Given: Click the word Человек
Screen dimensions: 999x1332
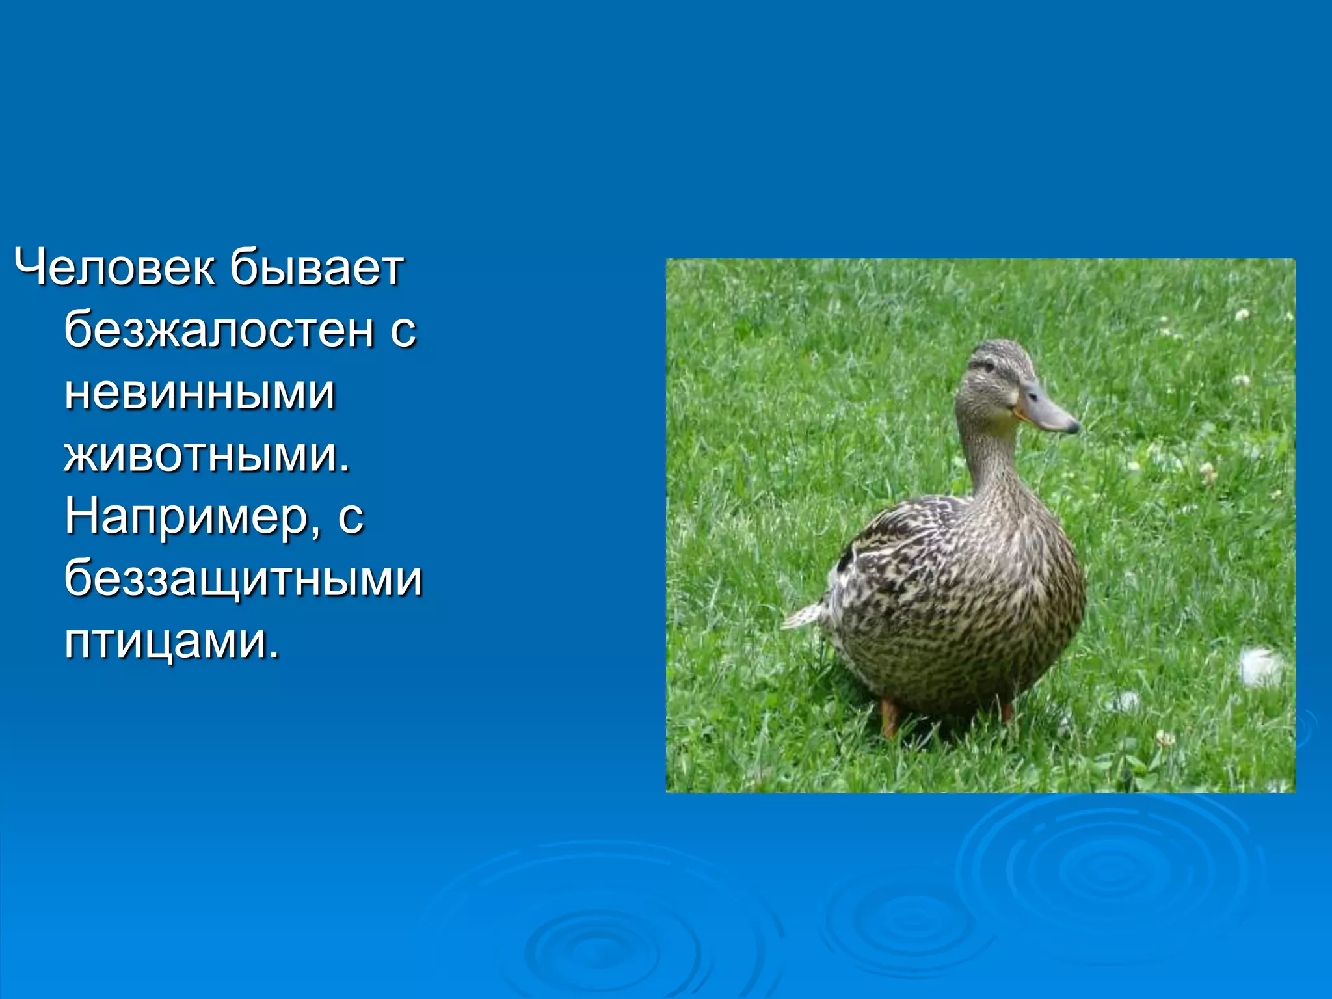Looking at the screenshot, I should [114, 268].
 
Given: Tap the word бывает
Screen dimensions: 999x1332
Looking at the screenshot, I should [316, 268].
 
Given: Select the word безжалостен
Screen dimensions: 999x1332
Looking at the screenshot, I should [220, 330].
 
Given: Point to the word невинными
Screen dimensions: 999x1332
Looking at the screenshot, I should [200, 393].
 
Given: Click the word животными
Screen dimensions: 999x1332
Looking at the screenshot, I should [202, 455].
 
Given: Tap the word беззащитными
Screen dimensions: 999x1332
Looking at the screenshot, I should [243, 579].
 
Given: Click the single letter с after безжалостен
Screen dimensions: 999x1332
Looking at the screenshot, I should [403, 332].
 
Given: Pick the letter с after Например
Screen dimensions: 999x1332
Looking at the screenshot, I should [351, 519].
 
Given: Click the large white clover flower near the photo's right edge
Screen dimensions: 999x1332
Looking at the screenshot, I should [1260, 667].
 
